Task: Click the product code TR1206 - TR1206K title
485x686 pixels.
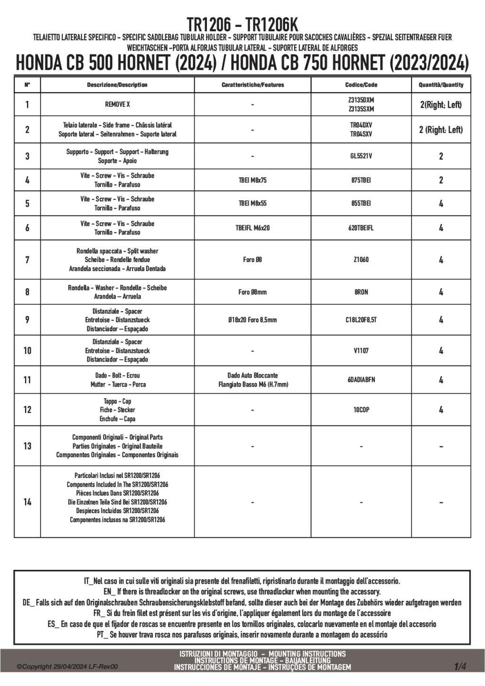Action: [x=242, y=25]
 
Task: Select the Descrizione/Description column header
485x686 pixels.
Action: [x=117, y=85]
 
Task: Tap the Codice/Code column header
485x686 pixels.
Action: [x=361, y=85]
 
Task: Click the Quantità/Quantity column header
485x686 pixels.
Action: [x=441, y=85]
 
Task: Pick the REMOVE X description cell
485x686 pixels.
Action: [x=117, y=104]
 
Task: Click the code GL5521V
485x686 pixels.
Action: [x=361, y=156]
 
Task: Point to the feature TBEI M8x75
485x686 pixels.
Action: [x=252, y=180]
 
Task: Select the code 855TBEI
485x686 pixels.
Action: [x=361, y=203]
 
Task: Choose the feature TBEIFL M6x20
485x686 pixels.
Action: [x=252, y=228]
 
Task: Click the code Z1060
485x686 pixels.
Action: [x=361, y=260]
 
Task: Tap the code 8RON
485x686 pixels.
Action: [x=361, y=292]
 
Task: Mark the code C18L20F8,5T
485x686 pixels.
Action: [x=361, y=320]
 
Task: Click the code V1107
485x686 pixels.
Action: [x=361, y=351]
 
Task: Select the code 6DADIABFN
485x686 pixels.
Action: [x=361, y=379]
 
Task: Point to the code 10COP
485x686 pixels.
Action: [x=361, y=410]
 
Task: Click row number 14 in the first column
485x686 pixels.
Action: [x=27, y=502]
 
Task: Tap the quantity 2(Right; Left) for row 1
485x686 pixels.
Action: [x=441, y=105]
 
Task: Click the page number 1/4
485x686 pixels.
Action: [x=460, y=667]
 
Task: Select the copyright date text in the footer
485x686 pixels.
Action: [x=67, y=667]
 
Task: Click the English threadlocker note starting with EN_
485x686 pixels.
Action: [x=242, y=592]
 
